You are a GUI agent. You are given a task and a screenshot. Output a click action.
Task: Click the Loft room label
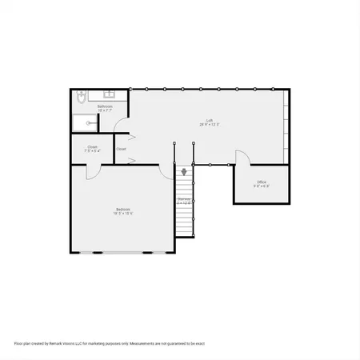click(x=210, y=120)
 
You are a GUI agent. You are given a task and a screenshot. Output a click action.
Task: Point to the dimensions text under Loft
click(x=210, y=125)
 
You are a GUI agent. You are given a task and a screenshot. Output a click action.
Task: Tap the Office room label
click(x=262, y=182)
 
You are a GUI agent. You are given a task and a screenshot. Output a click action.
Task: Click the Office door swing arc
click(x=241, y=157)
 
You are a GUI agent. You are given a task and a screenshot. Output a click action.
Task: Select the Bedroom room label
click(x=122, y=210)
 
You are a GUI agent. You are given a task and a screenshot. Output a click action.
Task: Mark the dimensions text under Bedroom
click(x=122, y=214)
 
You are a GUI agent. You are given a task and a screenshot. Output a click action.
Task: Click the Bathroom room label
click(x=105, y=106)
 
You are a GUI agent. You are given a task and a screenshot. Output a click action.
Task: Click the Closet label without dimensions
click(x=121, y=149)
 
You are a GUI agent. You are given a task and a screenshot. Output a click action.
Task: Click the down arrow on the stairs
click(x=185, y=170)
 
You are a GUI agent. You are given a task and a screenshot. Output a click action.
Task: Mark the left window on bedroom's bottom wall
click(x=98, y=253)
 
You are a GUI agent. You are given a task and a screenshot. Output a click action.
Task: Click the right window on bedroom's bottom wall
click(x=147, y=253)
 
